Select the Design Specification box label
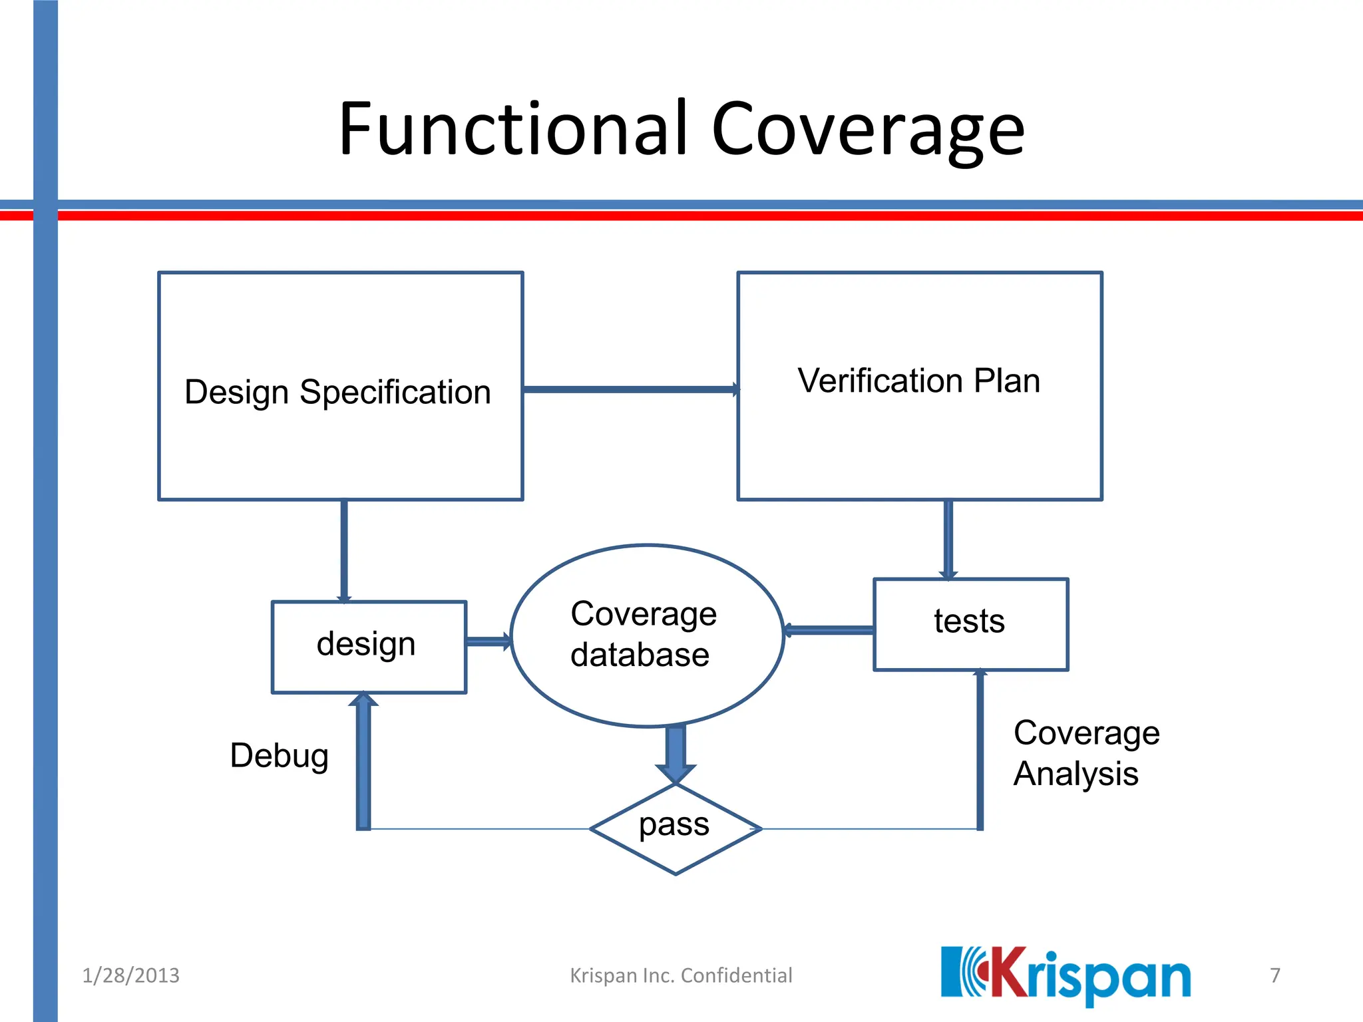(337, 392)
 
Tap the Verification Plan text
(918, 381)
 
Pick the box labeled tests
(969, 623)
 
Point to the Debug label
(280, 756)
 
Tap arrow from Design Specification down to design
(344, 550)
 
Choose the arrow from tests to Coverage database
(829, 630)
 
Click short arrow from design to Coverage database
(488, 641)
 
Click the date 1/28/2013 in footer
(130, 975)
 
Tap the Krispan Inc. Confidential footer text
(681, 975)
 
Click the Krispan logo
(1065, 975)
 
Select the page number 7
(1274, 975)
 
